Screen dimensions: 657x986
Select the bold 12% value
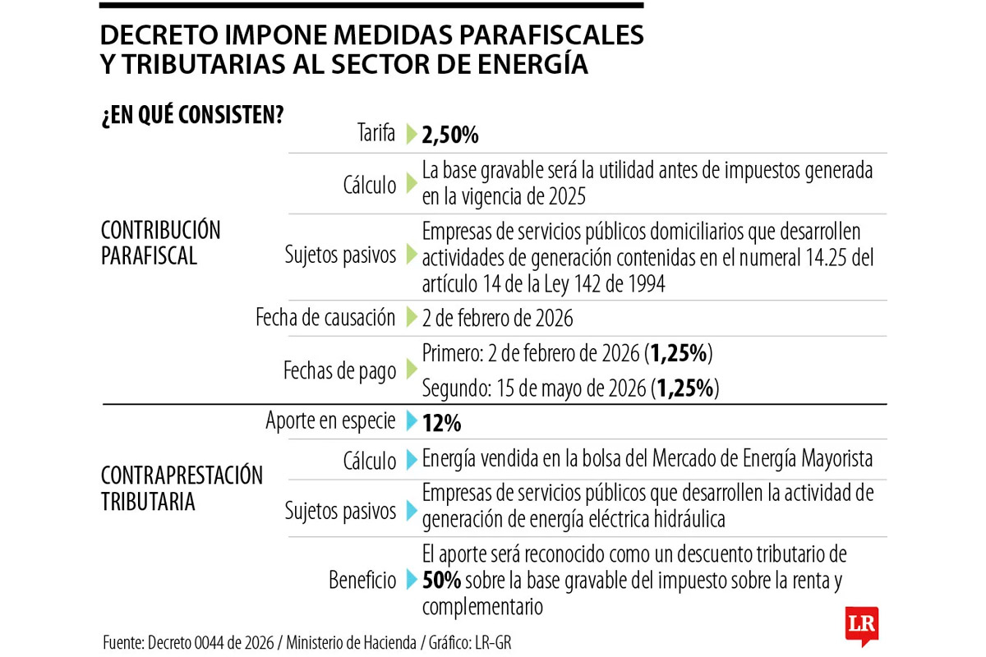(x=441, y=423)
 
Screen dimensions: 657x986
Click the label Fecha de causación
(x=325, y=318)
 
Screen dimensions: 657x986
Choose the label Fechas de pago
(x=339, y=371)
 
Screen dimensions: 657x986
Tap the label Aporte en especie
(x=330, y=421)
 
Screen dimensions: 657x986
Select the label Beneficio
(x=362, y=581)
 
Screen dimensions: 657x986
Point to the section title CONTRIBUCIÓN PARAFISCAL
(x=161, y=242)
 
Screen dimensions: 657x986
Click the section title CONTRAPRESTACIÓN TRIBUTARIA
(x=182, y=488)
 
